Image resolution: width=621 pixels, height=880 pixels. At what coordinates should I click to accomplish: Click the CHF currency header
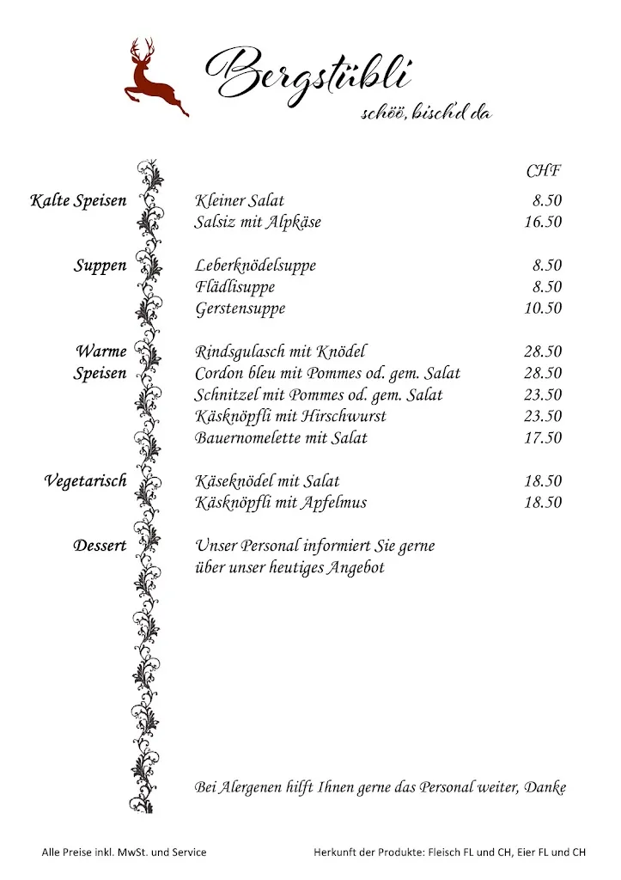(x=544, y=170)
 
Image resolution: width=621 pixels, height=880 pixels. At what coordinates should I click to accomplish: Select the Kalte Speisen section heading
(x=78, y=201)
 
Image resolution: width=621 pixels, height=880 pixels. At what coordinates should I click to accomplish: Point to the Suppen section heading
(x=100, y=266)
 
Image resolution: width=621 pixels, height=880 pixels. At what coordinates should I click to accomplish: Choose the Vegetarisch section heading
(x=85, y=481)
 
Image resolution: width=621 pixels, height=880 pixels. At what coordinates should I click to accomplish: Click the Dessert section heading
(x=100, y=546)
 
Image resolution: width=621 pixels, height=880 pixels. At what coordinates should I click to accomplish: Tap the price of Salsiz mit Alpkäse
(x=543, y=223)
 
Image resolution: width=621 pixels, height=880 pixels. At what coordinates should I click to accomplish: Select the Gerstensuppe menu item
(x=240, y=309)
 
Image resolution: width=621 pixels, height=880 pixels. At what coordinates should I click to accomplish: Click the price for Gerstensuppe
(x=543, y=309)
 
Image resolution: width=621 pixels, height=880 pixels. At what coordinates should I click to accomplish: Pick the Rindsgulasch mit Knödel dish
(x=281, y=351)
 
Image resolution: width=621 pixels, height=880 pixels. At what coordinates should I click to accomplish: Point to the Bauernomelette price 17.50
(x=543, y=438)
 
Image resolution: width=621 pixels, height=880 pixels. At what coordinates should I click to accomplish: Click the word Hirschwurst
(x=344, y=416)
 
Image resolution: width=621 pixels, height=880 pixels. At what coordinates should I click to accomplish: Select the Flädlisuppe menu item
(x=234, y=287)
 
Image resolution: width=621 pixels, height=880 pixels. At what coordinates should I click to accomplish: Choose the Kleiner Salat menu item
(x=240, y=201)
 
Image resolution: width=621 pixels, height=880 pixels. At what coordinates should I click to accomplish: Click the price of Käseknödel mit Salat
(x=543, y=481)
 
